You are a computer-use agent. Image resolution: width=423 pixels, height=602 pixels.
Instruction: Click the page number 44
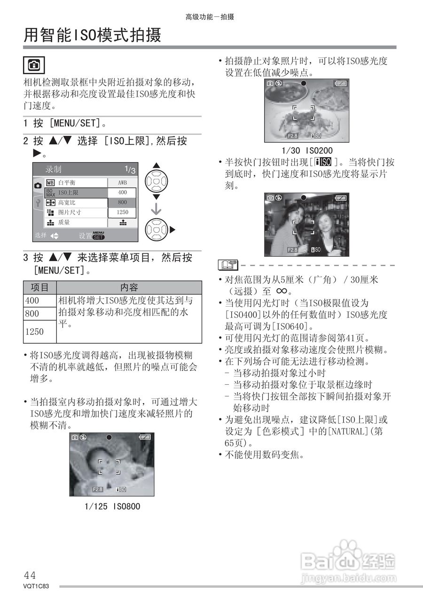[30, 575]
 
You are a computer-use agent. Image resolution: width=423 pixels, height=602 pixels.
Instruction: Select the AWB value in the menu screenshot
[122, 182]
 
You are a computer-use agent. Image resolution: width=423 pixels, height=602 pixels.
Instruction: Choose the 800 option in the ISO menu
[122, 202]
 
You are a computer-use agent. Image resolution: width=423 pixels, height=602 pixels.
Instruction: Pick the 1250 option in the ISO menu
[122, 213]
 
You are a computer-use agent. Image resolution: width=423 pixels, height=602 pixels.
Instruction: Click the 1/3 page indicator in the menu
[130, 170]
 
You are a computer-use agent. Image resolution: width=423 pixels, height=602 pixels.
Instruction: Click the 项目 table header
[40, 287]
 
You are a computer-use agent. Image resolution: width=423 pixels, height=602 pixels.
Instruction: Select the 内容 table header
[129, 287]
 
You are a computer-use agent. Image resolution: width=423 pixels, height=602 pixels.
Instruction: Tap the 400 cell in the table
[32, 301]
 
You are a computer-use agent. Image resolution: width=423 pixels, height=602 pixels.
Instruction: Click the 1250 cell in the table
[34, 332]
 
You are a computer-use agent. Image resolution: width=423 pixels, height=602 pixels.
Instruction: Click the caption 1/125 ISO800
[112, 507]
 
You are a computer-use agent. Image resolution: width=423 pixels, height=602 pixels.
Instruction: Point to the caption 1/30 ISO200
[307, 150]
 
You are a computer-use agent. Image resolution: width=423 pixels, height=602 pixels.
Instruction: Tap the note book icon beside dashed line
[228, 266]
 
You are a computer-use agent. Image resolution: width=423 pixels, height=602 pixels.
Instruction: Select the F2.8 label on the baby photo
[97, 489]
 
